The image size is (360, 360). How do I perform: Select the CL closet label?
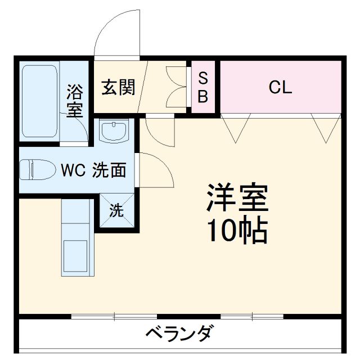tap(280, 88)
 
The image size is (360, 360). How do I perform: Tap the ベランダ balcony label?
tap(179, 334)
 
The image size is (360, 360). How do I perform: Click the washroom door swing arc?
tap(155, 171)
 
